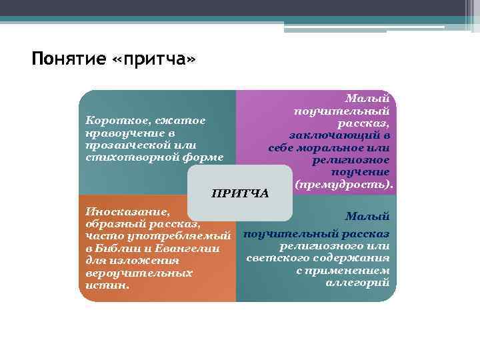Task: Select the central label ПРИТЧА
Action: (239, 193)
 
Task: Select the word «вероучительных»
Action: (136, 273)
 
